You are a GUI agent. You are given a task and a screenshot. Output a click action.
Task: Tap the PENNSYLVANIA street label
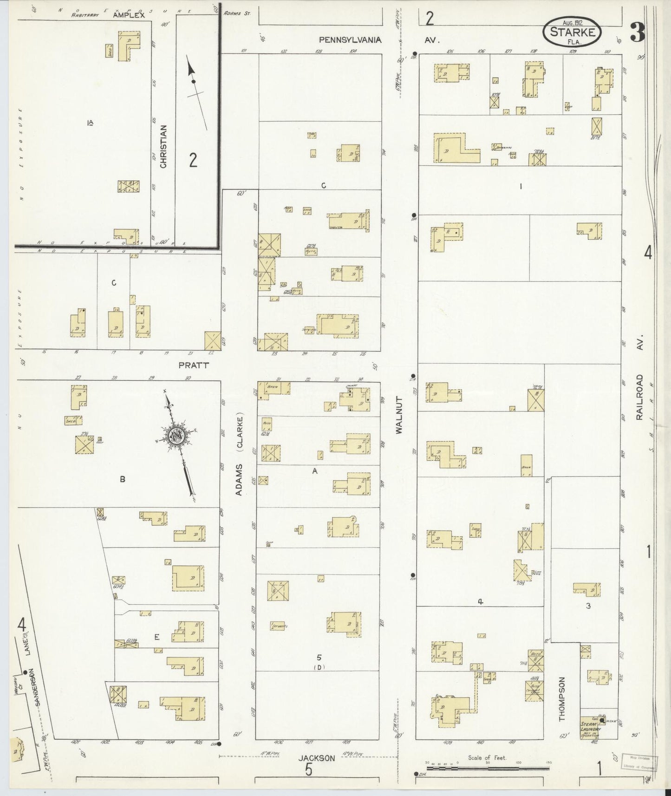[x=350, y=40]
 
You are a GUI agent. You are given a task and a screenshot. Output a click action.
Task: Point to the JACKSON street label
[x=317, y=758]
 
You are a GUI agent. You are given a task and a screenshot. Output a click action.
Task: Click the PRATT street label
[x=194, y=365]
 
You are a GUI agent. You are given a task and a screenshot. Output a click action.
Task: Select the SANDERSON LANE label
[x=31, y=666]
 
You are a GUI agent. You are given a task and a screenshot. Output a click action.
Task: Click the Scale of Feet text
[x=487, y=758]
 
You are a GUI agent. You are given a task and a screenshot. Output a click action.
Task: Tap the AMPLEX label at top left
[x=129, y=15]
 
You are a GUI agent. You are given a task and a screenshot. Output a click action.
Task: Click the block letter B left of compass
[x=123, y=479]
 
